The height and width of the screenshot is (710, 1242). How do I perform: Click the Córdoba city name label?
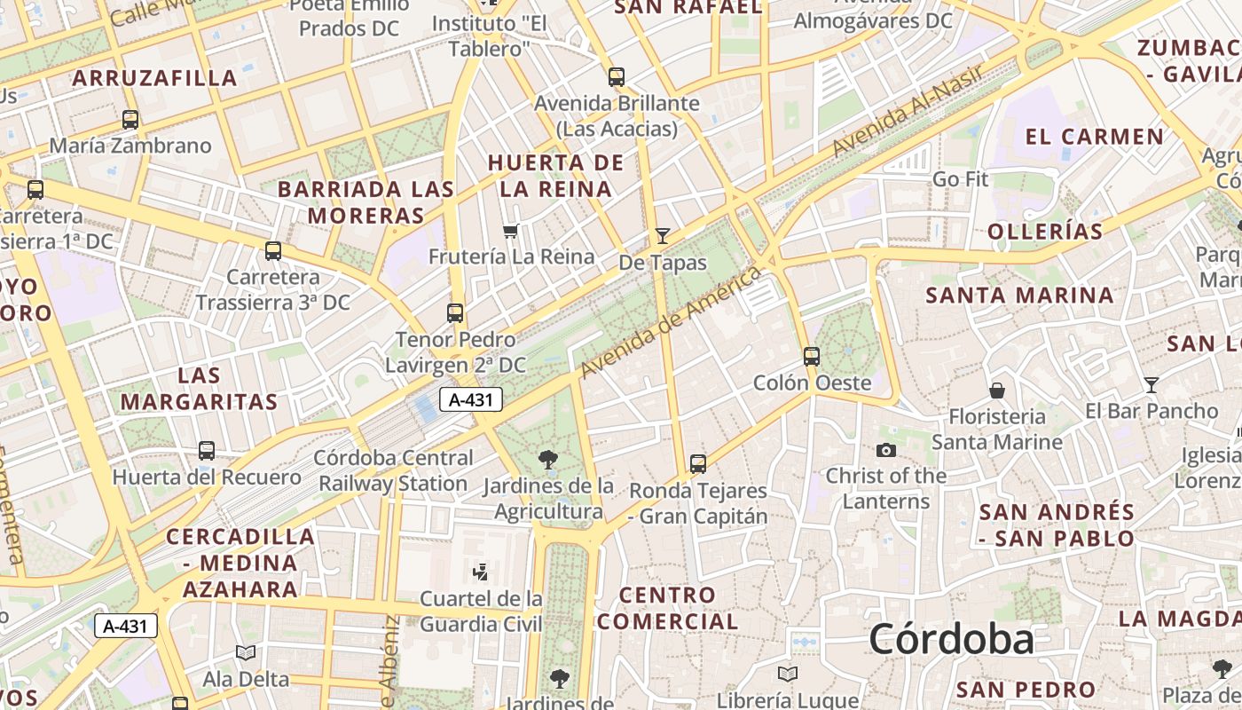[951, 639]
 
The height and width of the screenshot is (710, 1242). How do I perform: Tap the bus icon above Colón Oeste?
[812, 357]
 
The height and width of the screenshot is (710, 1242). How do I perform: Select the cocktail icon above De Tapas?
[663, 236]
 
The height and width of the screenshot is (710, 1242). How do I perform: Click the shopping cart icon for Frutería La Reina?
[510, 232]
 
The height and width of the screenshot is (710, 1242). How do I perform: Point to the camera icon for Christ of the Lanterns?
[885, 450]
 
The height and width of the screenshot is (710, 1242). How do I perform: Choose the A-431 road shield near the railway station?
[471, 399]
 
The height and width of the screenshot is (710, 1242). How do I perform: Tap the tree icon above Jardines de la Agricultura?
[548, 459]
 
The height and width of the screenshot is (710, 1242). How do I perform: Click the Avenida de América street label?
[671, 321]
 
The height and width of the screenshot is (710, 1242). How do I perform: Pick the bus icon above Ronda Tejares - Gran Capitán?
[698, 463]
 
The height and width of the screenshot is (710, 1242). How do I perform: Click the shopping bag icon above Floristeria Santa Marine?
[997, 390]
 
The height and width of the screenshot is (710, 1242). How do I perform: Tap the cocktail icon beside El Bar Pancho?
[1152, 385]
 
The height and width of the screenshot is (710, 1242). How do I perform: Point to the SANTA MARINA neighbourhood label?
[1019, 296]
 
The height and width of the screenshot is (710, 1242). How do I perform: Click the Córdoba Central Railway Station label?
[394, 471]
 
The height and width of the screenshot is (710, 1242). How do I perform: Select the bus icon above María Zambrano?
[130, 120]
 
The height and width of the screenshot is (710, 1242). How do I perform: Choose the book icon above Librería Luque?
[787, 674]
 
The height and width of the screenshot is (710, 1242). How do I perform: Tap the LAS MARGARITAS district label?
[199, 389]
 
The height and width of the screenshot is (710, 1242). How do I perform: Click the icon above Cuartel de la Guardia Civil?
[481, 572]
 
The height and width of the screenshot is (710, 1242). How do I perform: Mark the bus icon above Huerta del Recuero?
[207, 451]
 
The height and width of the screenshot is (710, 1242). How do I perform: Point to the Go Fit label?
[960, 179]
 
